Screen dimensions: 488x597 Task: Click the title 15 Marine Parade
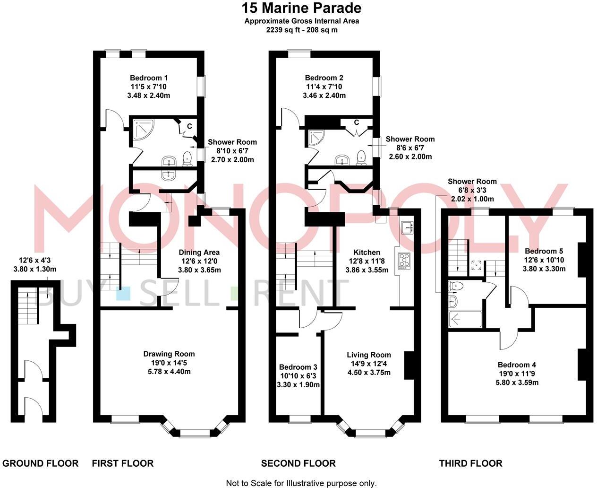[x=301, y=8]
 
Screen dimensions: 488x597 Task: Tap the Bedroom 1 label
[x=149, y=78]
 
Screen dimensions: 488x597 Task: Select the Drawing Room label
[x=169, y=354]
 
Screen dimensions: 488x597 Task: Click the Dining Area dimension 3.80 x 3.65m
[x=199, y=270]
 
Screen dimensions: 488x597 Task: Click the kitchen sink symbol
[x=407, y=228]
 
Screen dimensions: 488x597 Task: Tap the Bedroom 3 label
[x=298, y=367]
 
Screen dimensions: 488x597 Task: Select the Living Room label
[x=368, y=355]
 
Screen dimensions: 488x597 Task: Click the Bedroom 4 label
[x=517, y=365]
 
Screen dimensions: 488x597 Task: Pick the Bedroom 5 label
[x=543, y=251]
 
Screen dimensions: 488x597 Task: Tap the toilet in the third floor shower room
[x=455, y=286]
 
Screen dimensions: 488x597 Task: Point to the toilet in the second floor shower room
[x=362, y=157]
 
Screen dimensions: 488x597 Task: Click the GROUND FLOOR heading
[x=41, y=463]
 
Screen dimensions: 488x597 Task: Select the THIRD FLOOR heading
[x=470, y=463]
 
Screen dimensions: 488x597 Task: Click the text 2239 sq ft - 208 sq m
[x=301, y=30]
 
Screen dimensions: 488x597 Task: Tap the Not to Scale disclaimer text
[x=301, y=483]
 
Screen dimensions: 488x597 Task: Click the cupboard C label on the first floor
[x=189, y=126]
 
